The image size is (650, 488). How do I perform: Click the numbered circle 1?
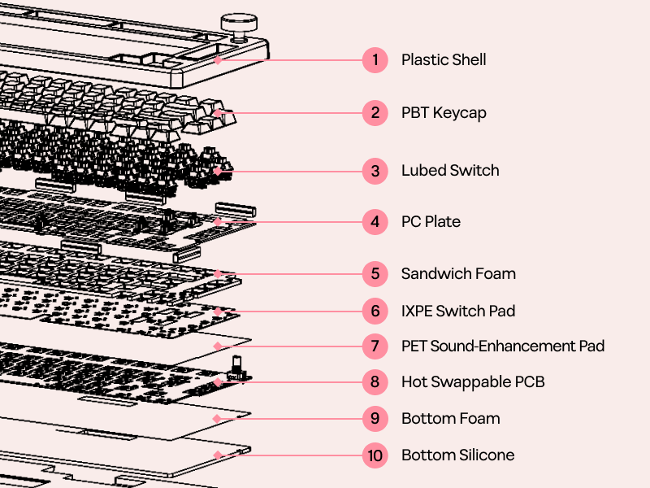pyautogui.click(x=375, y=59)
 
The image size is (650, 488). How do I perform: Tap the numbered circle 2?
pyautogui.click(x=375, y=112)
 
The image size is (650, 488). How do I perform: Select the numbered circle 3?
pyautogui.click(x=375, y=171)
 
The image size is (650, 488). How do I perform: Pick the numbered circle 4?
pyautogui.click(x=375, y=221)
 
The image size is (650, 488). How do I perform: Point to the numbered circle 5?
pyautogui.click(x=375, y=273)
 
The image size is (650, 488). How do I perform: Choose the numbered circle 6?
pyautogui.click(x=375, y=311)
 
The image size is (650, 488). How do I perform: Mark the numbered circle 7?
pyautogui.click(x=375, y=346)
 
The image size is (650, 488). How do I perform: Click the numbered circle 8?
pyautogui.click(x=375, y=381)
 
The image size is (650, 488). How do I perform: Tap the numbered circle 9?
pyautogui.click(x=375, y=418)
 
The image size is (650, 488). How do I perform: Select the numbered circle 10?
pyautogui.click(x=375, y=455)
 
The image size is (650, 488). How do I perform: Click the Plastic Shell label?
pyautogui.click(x=444, y=59)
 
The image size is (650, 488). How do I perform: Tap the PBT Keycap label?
pyautogui.click(x=444, y=112)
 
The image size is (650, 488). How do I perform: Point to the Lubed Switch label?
pyautogui.click(x=450, y=171)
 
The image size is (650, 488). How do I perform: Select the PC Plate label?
pyautogui.click(x=431, y=221)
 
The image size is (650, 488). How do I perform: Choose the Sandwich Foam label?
pyautogui.click(x=458, y=273)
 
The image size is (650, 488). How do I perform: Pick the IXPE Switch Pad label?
pyautogui.click(x=458, y=311)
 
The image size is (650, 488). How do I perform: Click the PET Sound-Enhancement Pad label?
pyautogui.click(x=503, y=346)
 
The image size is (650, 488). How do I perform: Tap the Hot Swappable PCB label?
pyautogui.click(x=473, y=381)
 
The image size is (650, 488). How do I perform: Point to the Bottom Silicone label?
pyautogui.click(x=457, y=455)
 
